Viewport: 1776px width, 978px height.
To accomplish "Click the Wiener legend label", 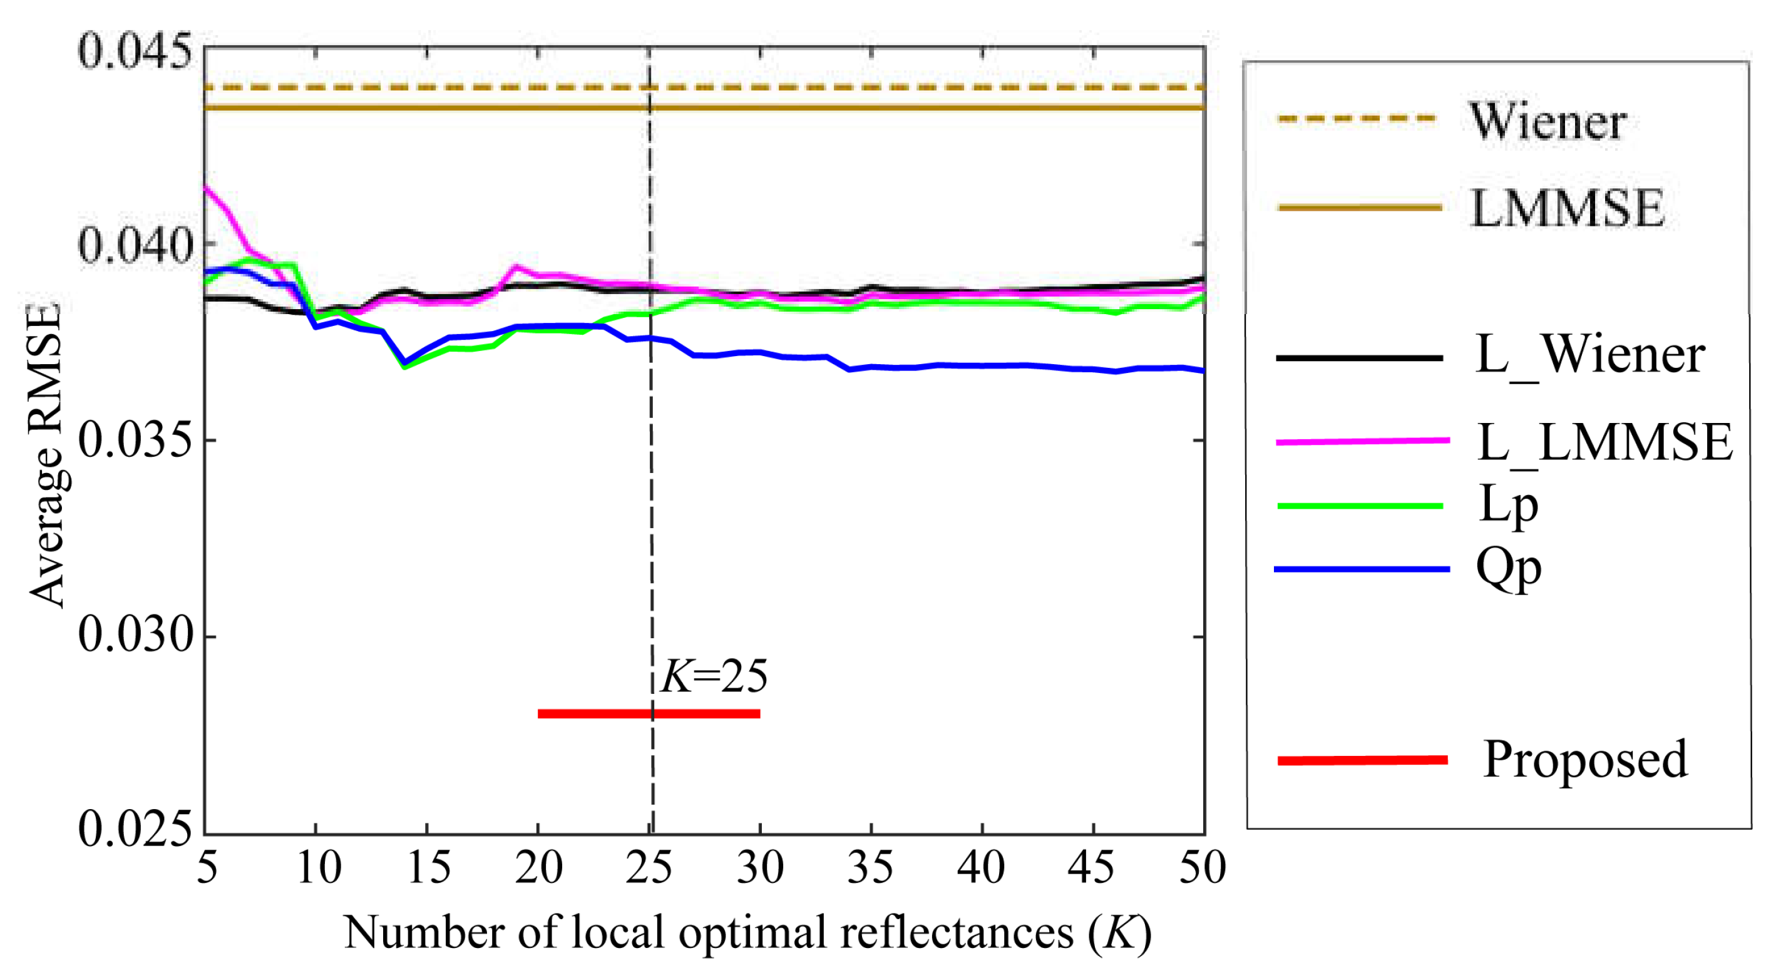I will point(1547,121).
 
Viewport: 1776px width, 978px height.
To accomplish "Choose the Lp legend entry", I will point(1508,505).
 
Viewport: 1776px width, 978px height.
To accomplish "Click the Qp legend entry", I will point(1508,569).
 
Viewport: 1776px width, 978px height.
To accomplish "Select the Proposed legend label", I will point(1585,759).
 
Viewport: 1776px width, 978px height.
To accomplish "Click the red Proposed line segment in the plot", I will point(593,713).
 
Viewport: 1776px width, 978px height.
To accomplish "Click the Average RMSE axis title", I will point(46,455).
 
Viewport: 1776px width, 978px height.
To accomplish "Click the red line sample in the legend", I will point(1362,760).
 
